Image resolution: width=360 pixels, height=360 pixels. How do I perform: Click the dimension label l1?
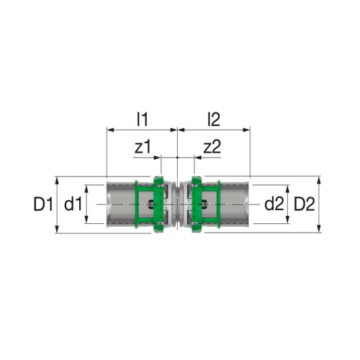click(x=143, y=120)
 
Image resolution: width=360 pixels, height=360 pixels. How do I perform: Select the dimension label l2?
click(x=214, y=120)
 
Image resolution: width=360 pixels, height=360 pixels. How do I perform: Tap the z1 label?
click(x=143, y=147)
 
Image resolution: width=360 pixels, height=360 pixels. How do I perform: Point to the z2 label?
click(x=212, y=147)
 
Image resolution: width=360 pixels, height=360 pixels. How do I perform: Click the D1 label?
click(x=43, y=204)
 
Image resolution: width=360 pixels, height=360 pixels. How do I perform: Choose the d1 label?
click(x=73, y=204)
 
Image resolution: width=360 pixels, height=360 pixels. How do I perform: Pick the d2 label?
click(x=274, y=204)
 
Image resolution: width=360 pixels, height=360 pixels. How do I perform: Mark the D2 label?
click(x=305, y=204)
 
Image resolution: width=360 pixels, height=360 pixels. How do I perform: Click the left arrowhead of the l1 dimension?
click(x=110, y=130)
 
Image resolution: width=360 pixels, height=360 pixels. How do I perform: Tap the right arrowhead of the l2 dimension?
click(x=247, y=130)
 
